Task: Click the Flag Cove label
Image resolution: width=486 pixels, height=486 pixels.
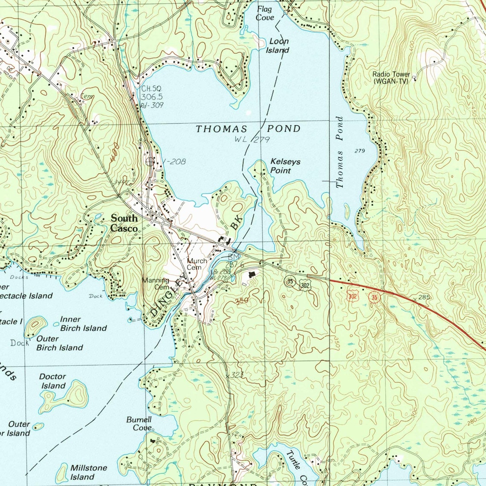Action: (265, 14)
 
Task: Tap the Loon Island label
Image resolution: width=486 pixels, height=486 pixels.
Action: (278, 46)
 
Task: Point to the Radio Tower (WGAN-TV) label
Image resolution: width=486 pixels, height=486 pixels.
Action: (391, 77)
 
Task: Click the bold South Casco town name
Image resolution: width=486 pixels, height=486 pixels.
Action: (124, 223)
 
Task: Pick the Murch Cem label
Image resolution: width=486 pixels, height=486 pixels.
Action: (197, 264)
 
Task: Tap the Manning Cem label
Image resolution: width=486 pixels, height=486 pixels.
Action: (156, 283)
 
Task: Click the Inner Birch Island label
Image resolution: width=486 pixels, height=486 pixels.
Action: (83, 324)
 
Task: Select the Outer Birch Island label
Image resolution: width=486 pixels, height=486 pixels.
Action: (59, 343)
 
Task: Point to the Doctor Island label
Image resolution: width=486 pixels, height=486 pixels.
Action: (53, 381)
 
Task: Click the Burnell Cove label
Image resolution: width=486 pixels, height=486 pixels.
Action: (139, 424)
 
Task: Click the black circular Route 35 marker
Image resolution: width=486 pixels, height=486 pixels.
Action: (290, 281)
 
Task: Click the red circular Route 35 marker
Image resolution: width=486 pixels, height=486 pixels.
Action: (374, 298)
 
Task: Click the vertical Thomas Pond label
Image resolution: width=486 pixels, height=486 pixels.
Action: (339, 152)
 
